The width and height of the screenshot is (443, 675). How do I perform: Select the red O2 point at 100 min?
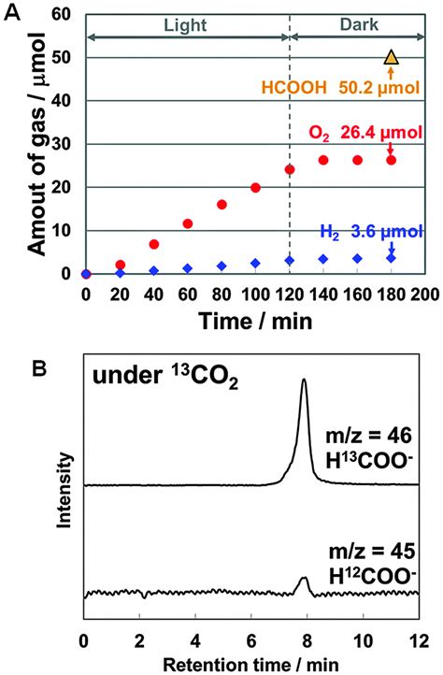tap(255, 188)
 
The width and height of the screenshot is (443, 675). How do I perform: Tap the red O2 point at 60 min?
tap(187, 223)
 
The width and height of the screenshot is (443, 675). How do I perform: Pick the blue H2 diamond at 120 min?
tap(290, 261)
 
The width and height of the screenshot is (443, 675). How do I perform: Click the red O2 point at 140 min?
tap(323, 160)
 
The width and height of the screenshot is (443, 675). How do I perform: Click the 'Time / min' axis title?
tap(254, 318)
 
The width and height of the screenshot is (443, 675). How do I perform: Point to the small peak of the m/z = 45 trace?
tap(303, 580)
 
